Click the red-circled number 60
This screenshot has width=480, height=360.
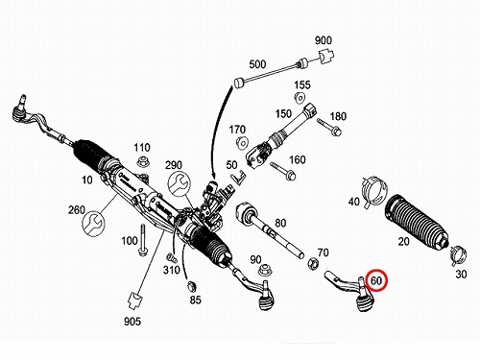[x=376, y=280]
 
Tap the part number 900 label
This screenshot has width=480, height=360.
[x=324, y=40]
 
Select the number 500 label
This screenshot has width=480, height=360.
[x=257, y=64]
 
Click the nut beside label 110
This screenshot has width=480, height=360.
[x=142, y=161]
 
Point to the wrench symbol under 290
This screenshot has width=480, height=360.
[x=180, y=183]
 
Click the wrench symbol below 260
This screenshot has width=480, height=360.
[x=94, y=224]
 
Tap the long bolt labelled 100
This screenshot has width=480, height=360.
[x=142, y=240]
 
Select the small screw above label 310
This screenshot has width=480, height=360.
[x=170, y=256]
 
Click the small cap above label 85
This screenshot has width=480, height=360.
[x=191, y=286]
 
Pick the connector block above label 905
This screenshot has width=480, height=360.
[x=134, y=300]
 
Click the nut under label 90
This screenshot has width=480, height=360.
[x=265, y=270]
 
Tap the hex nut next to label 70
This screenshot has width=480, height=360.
[x=313, y=263]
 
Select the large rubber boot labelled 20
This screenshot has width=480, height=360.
[x=416, y=222]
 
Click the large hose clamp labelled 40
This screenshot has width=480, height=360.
[x=373, y=192]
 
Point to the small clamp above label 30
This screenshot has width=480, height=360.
[x=458, y=255]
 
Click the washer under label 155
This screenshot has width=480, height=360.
[x=300, y=97]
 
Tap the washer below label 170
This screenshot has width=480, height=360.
[x=242, y=142]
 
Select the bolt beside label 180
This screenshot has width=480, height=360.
[x=329, y=127]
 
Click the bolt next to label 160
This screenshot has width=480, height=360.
[x=283, y=171]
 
